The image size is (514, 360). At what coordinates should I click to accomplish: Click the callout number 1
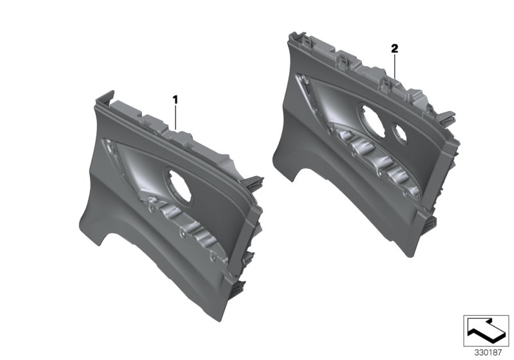coord(174,100)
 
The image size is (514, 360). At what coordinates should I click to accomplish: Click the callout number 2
coord(394,48)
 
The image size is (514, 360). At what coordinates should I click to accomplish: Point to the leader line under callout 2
coord(395,67)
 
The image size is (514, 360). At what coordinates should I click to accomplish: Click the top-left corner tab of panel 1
coord(103,98)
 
